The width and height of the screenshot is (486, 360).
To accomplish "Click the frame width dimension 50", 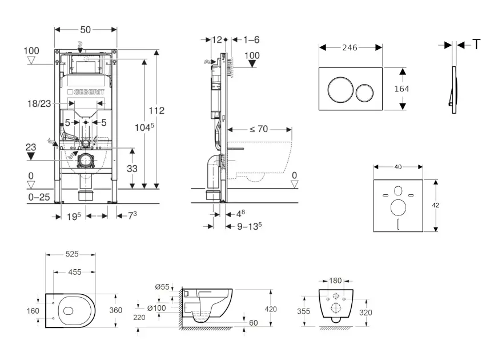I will tap(86, 29).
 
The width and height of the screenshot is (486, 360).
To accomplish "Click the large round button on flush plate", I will tap(339, 90).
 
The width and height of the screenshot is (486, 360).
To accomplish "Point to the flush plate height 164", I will tap(402, 89).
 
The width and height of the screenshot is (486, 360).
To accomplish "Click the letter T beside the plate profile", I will tap(476, 45).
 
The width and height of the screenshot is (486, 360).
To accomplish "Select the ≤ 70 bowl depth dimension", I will tap(258, 129).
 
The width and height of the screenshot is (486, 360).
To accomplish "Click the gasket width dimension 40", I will tap(398, 167).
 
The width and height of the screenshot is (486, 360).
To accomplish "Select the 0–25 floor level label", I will tap(39, 197).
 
